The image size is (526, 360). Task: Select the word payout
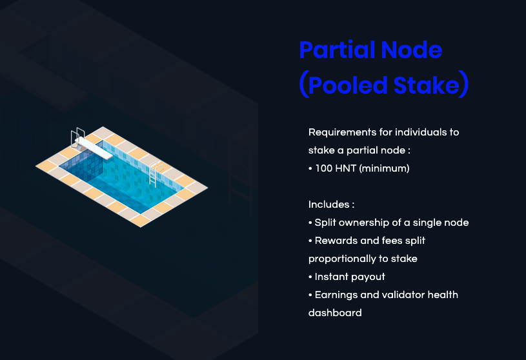coord(369,277)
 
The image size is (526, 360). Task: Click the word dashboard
coord(335,313)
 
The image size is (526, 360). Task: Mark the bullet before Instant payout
coord(310,277)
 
